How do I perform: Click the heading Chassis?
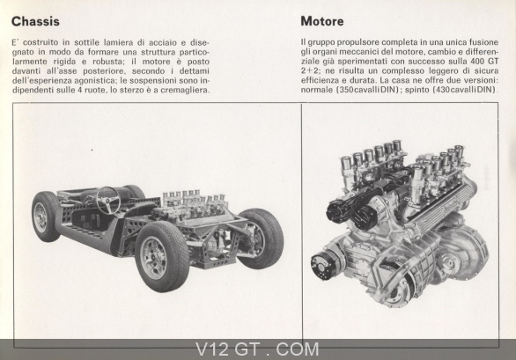(x=35, y=22)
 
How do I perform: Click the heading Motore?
(x=322, y=21)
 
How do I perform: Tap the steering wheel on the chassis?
(x=107, y=200)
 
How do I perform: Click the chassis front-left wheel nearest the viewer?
(x=162, y=257)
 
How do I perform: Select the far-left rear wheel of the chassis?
(x=46, y=217)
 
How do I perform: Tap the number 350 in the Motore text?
(x=345, y=90)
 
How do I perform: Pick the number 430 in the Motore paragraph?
(x=442, y=90)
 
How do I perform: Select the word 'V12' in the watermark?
(x=211, y=349)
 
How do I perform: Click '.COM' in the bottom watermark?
(x=294, y=349)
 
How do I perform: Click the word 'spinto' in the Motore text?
(x=416, y=90)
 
